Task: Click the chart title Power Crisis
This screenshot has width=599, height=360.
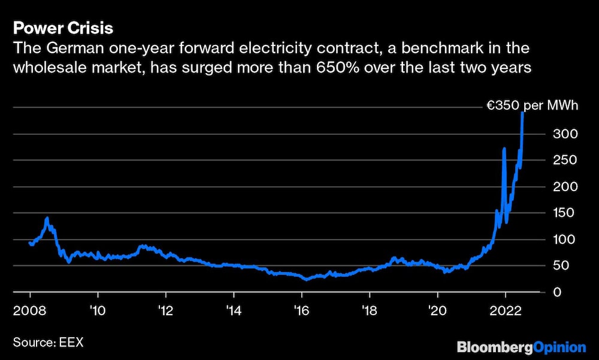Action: [x=63, y=28]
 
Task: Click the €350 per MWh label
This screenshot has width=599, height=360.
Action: [x=532, y=107]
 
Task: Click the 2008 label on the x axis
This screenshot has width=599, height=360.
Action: [x=30, y=311]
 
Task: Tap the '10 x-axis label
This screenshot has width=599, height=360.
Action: [x=98, y=311]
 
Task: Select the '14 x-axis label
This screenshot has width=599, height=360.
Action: [x=234, y=311]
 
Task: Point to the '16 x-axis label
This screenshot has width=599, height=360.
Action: [x=302, y=311]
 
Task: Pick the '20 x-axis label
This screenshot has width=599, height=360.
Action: [x=438, y=311]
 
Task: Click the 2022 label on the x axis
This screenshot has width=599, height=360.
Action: [x=506, y=311]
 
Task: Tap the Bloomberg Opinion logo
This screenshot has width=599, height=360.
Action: [x=521, y=347]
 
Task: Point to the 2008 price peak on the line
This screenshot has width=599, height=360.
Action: [x=47, y=218]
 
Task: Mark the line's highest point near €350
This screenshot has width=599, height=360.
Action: [x=523, y=113]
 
